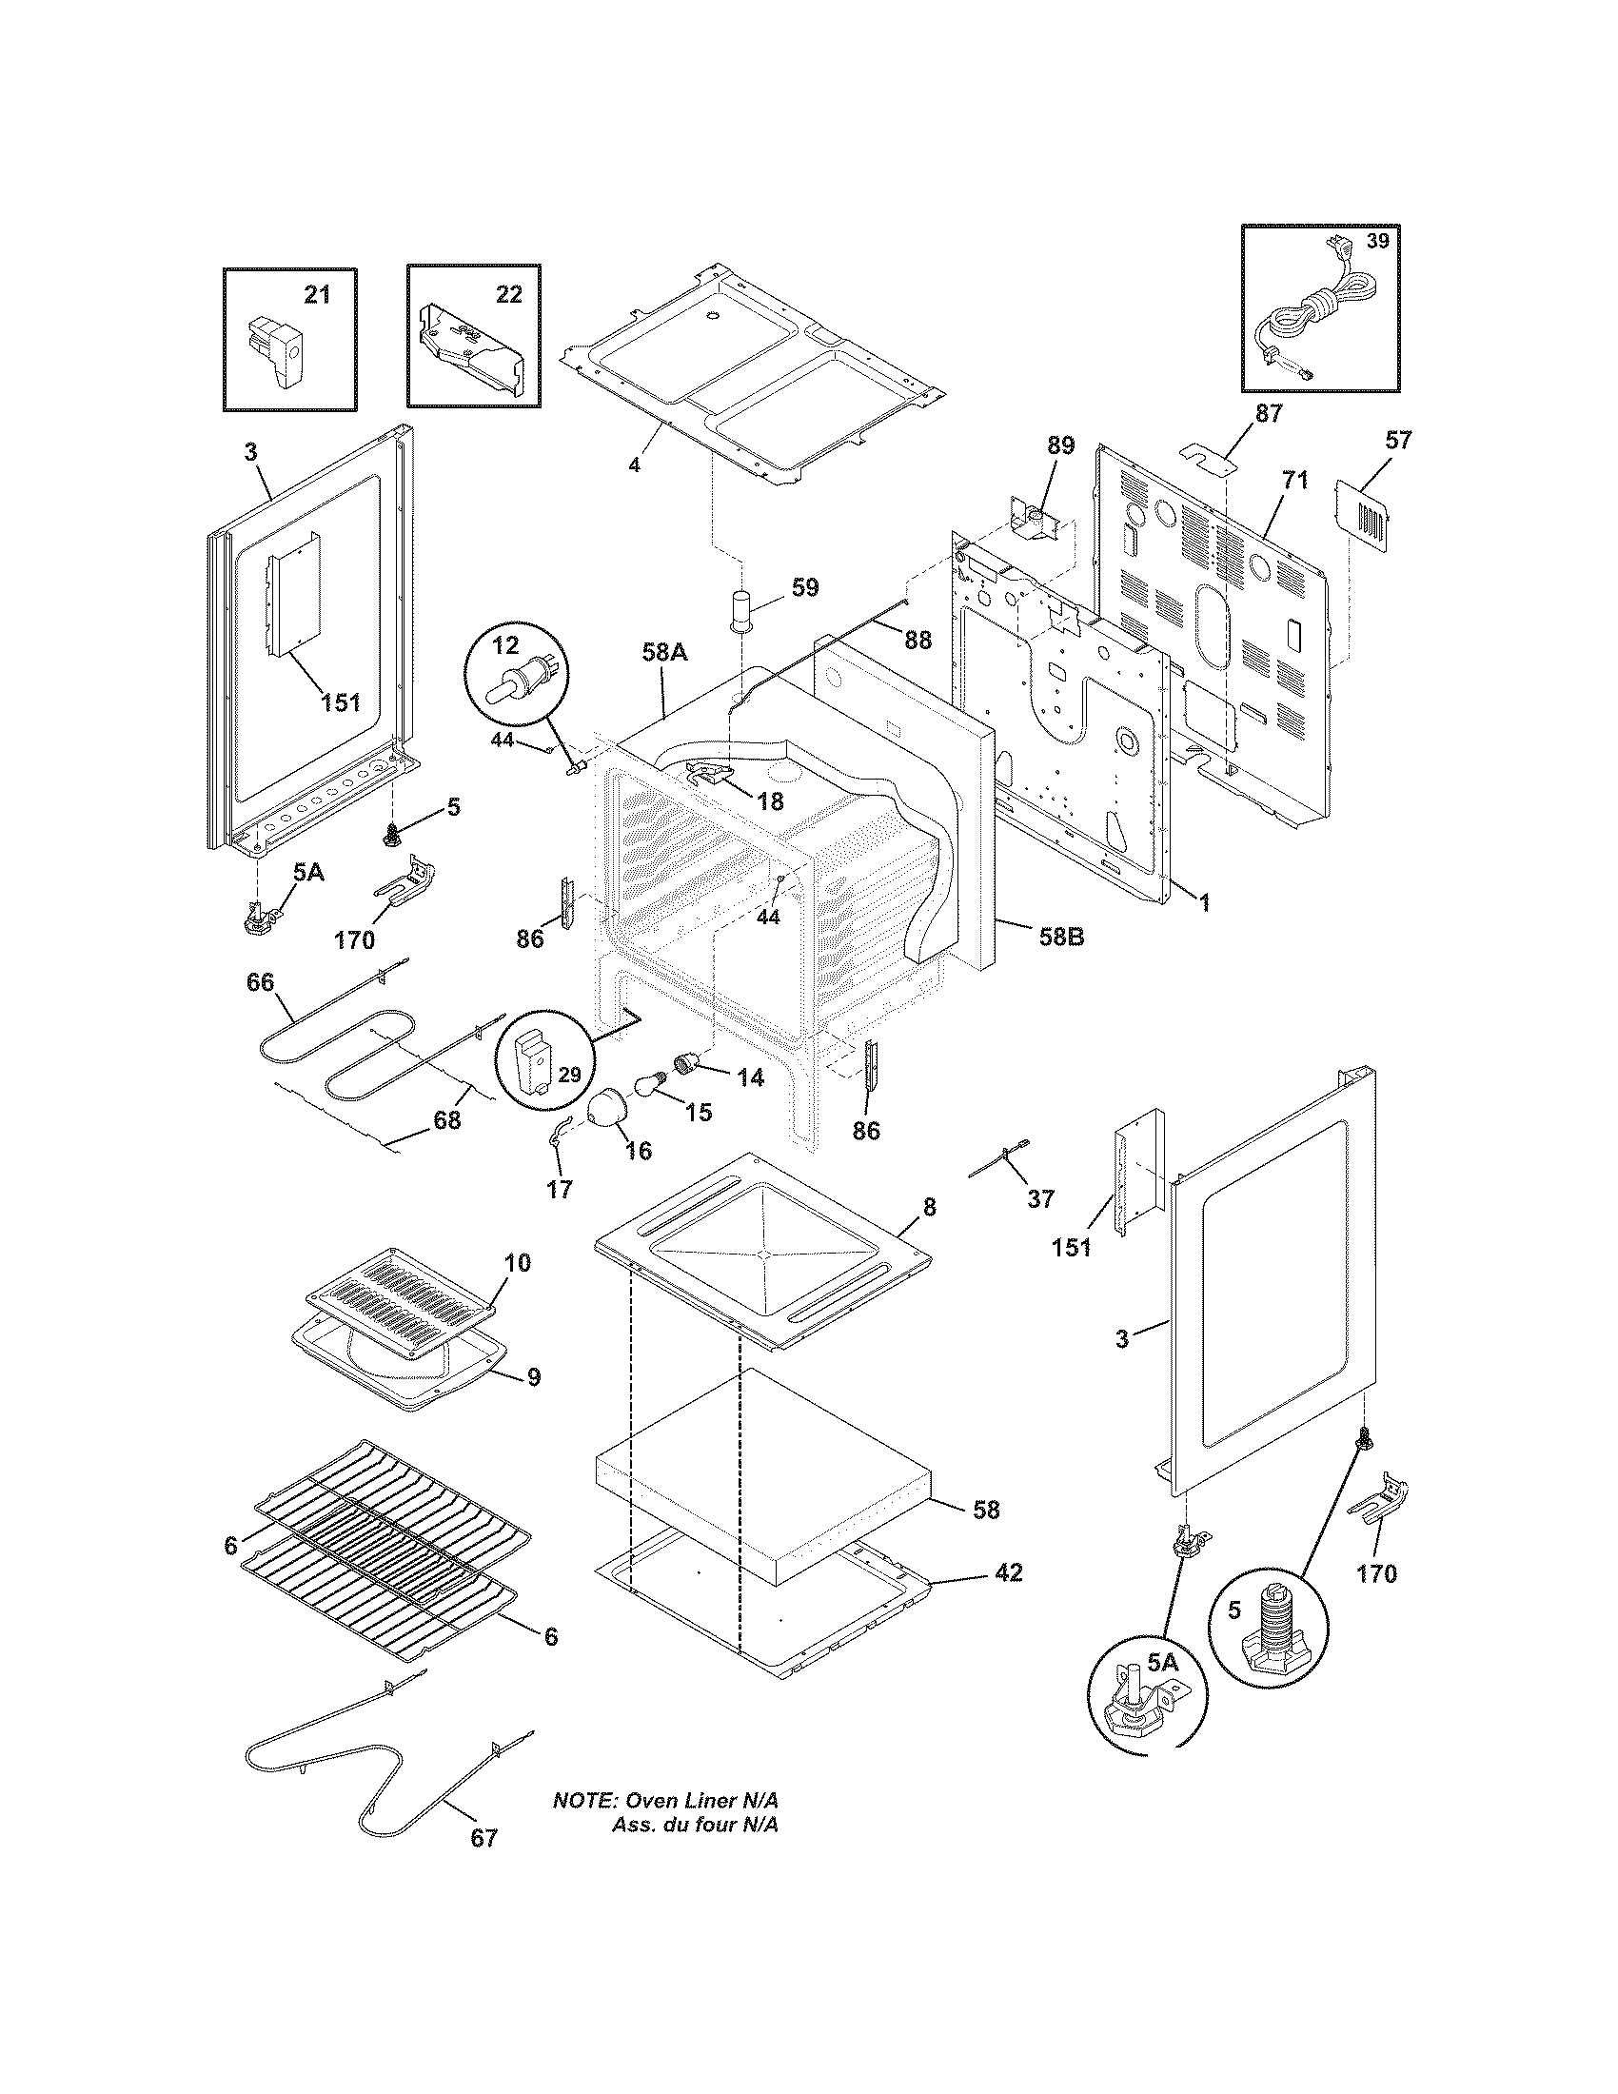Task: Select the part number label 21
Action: [x=317, y=294]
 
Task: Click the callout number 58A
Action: [x=664, y=653]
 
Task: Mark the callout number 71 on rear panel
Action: [x=1295, y=481]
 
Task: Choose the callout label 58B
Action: [x=1061, y=937]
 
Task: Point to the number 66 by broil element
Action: [x=260, y=982]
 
